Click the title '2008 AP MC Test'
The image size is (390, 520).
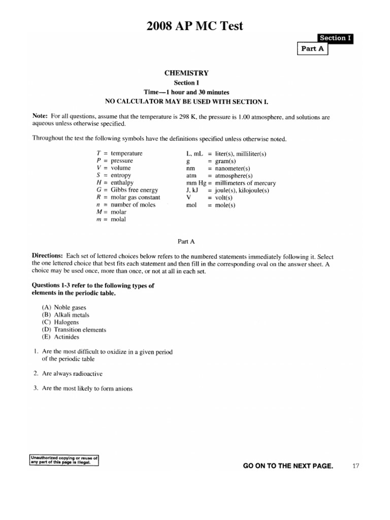[x=196, y=25]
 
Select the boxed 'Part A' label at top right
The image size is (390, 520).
[x=313, y=49]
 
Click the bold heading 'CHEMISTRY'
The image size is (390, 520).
[x=185, y=73]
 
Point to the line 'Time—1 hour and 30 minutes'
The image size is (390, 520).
[x=186, y=92]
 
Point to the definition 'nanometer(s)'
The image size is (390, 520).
[x=233, y=168]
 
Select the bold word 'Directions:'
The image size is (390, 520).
[x=48, y=256]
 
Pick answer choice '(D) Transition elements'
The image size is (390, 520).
[x=74, y=330]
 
